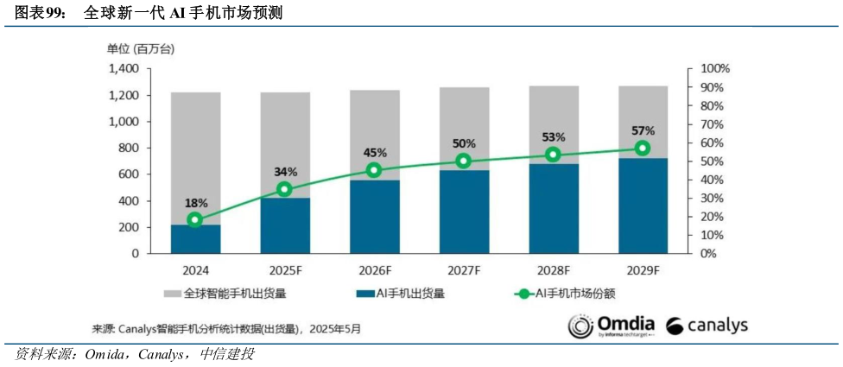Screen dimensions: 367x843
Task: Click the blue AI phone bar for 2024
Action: click(x=195, y=239)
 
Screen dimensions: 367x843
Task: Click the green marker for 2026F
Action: click(x=374, y=170)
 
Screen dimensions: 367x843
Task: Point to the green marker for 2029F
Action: click(x=643, y=148)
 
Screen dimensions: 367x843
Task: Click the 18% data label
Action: click(x=195, y=203)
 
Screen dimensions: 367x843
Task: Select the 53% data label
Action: click(x=553, y=137)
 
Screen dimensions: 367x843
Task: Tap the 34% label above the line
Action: click(x=285, y=172)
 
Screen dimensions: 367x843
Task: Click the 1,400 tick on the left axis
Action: click(x=124, y=68)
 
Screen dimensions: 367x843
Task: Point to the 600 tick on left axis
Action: click(x=129, y=174)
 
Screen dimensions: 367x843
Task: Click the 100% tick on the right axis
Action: click(x=714, y=68)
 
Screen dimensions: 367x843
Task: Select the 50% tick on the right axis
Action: click(x=712, y=161)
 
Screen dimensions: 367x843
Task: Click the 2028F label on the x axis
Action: click(x=553, y=269)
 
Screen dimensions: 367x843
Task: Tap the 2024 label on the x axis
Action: click(x=195, y=269)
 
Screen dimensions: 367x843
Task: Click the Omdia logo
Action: click(x=612, y=326)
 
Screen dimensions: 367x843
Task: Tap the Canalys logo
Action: click(x=707, y=326)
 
